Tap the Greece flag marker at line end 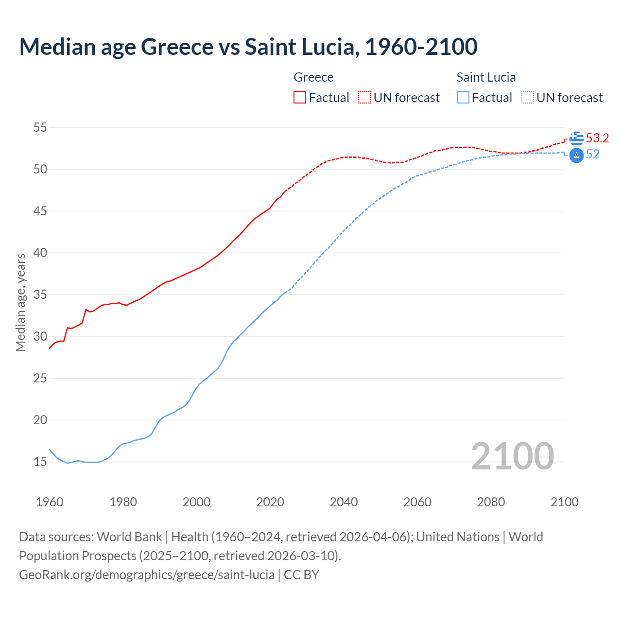(x=576, y=138)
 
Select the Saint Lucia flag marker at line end (x=576, y=155)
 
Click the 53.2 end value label (x=597, y=138)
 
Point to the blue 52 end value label (x=593, y=155)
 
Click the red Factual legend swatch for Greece (x=300, y=98)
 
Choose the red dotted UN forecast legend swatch (x=364, y=98)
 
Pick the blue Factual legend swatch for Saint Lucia (x=463, y=98)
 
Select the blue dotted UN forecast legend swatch (x=528, y=98)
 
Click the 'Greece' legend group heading (x=313, y=77)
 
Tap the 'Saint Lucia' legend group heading (x=486, y=77)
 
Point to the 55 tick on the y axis (x=40, y=128)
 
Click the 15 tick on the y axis (x=40, y=462)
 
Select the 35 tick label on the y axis (x=40, y=295)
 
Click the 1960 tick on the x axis (x=50, y=502)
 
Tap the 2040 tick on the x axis (x=344, y=502)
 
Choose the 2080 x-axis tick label (x=491, y=502)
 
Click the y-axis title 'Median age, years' (x=20, y=302)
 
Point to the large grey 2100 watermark (x=512, y=456)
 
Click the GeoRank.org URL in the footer (x=147, y=575)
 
